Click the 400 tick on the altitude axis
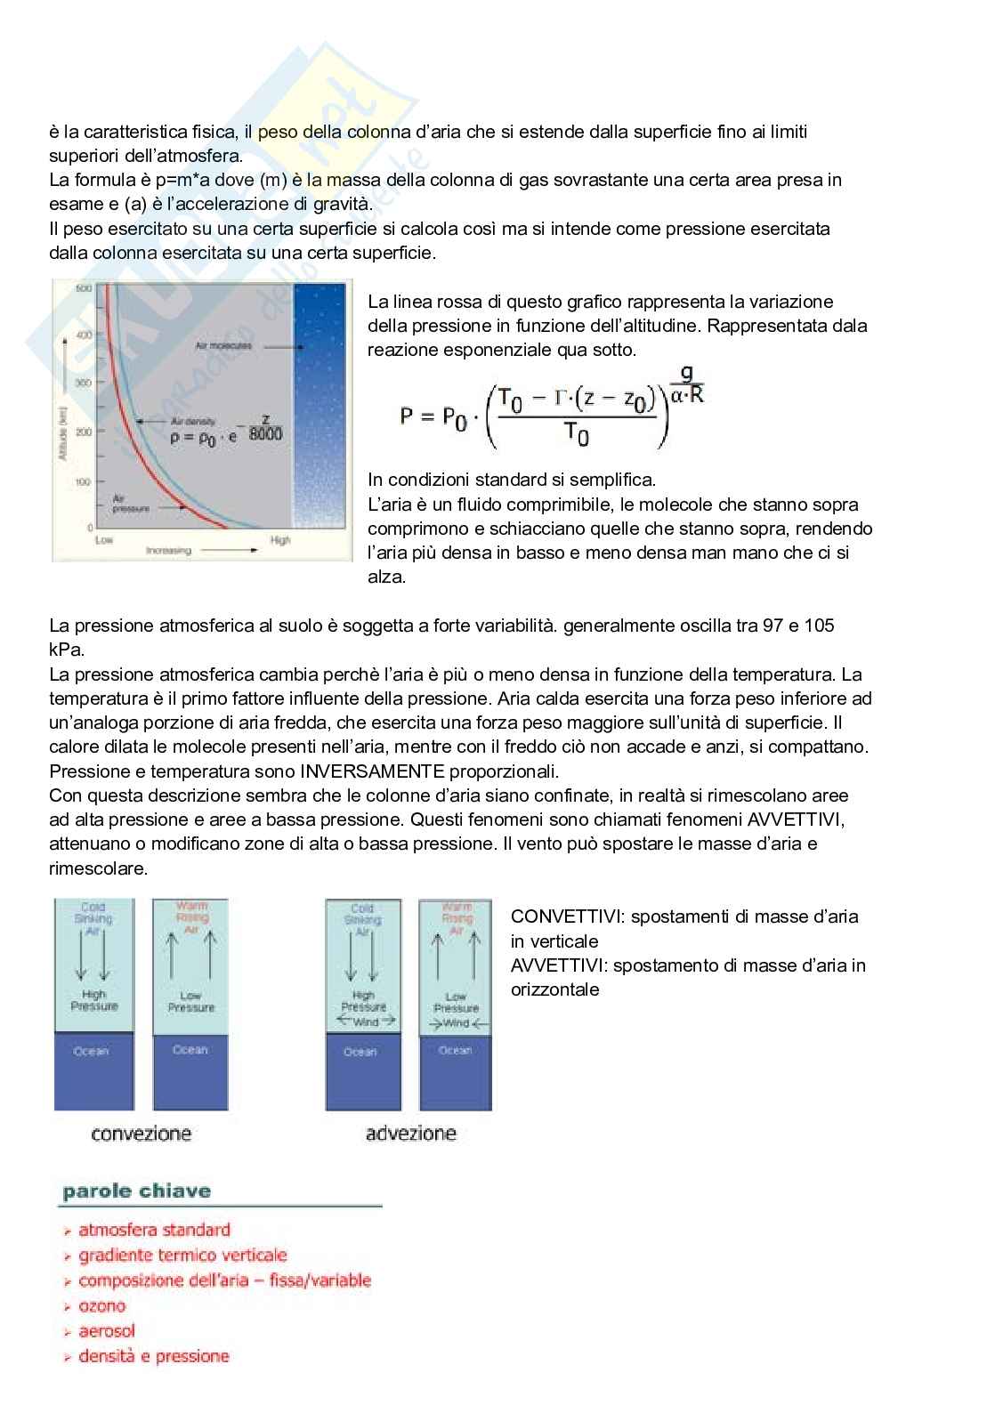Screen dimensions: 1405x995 click(x=83, y=335)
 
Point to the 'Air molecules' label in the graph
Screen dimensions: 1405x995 click(x=223, y=345)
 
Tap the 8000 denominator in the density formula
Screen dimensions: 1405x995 click(x=265, y=434)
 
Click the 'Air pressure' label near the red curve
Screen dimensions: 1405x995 click(x=130, y=504)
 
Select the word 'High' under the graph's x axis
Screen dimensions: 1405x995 click(x=280, y=540)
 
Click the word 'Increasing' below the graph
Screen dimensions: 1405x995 click(x=168, y=551)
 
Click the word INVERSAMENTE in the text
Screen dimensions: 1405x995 click(x=372, y=771)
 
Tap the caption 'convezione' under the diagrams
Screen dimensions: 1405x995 click(x=141, y=1134)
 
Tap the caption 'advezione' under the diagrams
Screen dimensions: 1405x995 click(x=410, y=1134)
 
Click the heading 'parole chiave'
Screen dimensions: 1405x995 click(x=136, y=1191)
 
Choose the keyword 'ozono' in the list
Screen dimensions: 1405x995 click(x=101, y=1306)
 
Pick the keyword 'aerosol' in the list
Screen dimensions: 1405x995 click(x=107, y=1331)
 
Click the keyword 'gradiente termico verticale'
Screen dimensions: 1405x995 click(x=182, y=1256)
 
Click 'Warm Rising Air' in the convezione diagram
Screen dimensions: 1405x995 click(x=191, y=917)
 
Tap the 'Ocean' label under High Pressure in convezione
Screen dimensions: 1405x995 click(x=91, y=1052)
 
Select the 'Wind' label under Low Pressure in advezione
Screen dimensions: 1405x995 click(x=457, y=1023)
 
